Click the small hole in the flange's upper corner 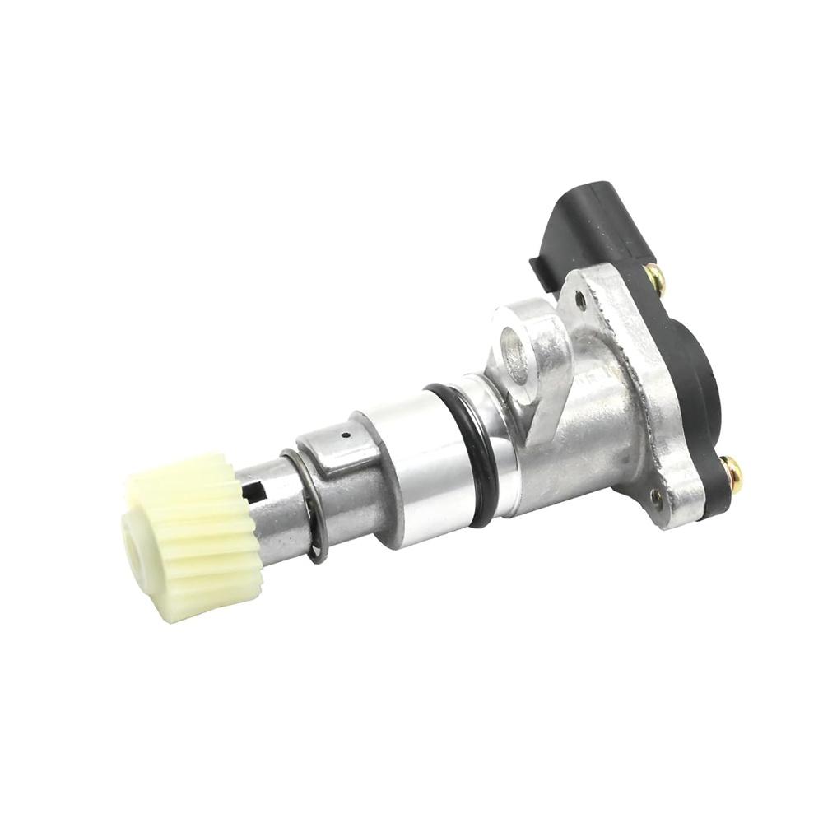(581, 301)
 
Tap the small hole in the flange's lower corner (655, 495)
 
